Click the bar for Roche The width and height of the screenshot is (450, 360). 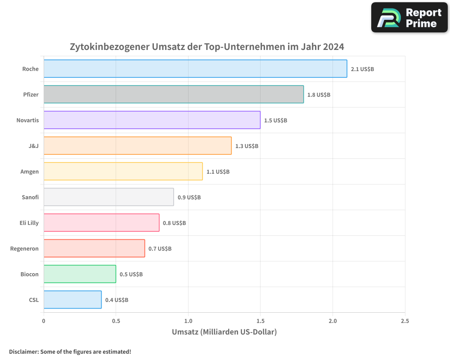click(195, 69)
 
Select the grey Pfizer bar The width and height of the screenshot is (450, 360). click(174, 94)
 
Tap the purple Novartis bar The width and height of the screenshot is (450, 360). click(152, 120)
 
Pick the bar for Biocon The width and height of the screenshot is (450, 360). click(80, 274)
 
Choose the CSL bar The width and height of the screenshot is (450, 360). click(72, 300)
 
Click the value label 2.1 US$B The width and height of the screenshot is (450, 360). click(362, 69)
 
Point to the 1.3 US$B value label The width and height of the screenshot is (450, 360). click(247, 146)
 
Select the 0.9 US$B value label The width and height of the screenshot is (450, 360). click(189, 198)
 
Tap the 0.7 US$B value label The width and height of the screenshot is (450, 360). click(160, 249)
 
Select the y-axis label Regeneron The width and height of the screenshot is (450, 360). click(24, 248)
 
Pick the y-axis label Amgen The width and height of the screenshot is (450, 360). click(30, 171)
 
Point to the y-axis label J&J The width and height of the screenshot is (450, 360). click(33, 146)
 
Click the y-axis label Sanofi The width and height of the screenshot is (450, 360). click(30, 197)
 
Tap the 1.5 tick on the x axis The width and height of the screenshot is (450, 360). click(260, 321)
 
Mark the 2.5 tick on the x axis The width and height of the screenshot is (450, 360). click(405, 321)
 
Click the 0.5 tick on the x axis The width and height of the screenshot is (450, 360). click(116, 321)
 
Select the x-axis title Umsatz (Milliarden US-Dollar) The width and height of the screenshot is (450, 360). click(224, 332)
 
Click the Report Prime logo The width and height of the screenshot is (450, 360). click(409, 18)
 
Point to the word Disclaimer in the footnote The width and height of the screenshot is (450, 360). click(23, 351)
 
